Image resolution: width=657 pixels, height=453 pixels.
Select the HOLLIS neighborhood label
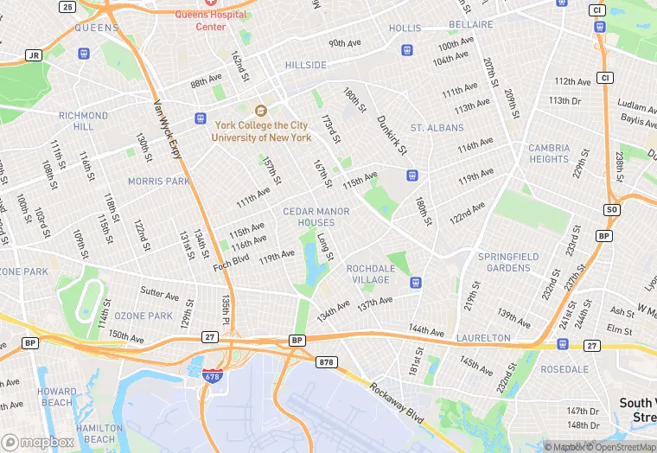pos(405,29)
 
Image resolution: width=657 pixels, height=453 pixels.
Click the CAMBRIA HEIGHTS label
pos(549,153)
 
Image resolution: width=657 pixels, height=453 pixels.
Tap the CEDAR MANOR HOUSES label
pos(316,217)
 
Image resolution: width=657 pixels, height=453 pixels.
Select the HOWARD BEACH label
pos(56,397)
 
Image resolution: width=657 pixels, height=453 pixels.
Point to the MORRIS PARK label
pos(158,182)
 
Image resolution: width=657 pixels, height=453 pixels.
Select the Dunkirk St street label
pos(392,135)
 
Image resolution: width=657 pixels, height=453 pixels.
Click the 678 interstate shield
pos(211,376)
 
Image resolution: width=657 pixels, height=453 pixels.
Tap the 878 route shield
pos(325,361)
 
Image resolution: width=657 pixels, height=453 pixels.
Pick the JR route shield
pos(34,55)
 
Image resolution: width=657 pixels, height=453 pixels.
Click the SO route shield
pos(612,210)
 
